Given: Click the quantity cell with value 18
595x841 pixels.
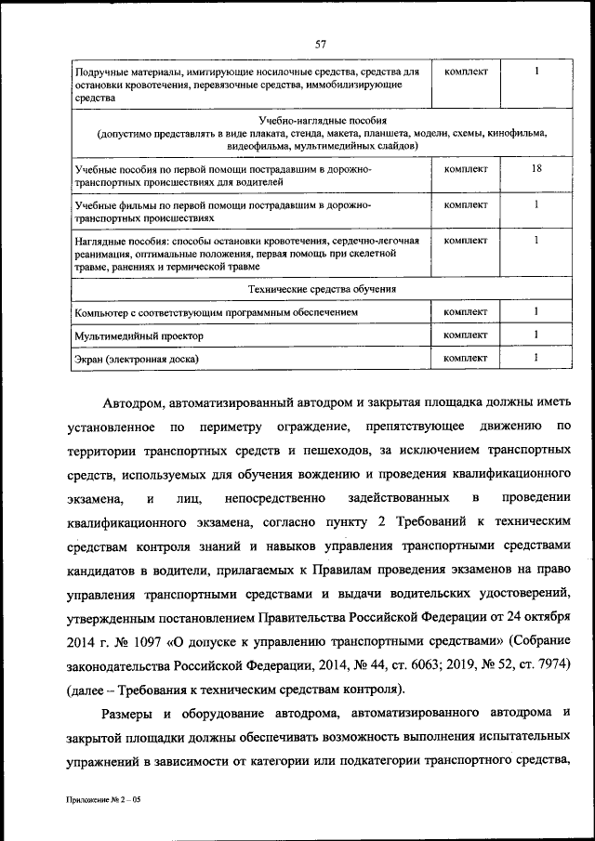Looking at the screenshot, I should pyautogui.click(x=536, y=169).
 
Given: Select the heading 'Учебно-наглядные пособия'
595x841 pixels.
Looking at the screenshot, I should pyautogui.click(x=323, y=121).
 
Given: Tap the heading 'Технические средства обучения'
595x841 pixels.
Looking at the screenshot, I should pyautogui.click(x=323, y=289).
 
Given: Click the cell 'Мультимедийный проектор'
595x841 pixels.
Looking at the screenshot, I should pyautogui.click(x=138, y=335).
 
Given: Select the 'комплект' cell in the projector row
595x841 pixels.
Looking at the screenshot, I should pyautogui.click(x=466, y=335).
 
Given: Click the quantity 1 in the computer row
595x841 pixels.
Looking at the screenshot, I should pyautogui.click(x=536, y=312).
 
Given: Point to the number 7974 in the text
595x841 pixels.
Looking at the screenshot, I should pyautogui.click(x=546, y=665).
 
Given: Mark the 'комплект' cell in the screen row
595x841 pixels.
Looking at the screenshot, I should pyautogui.click(x=466, y=357).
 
